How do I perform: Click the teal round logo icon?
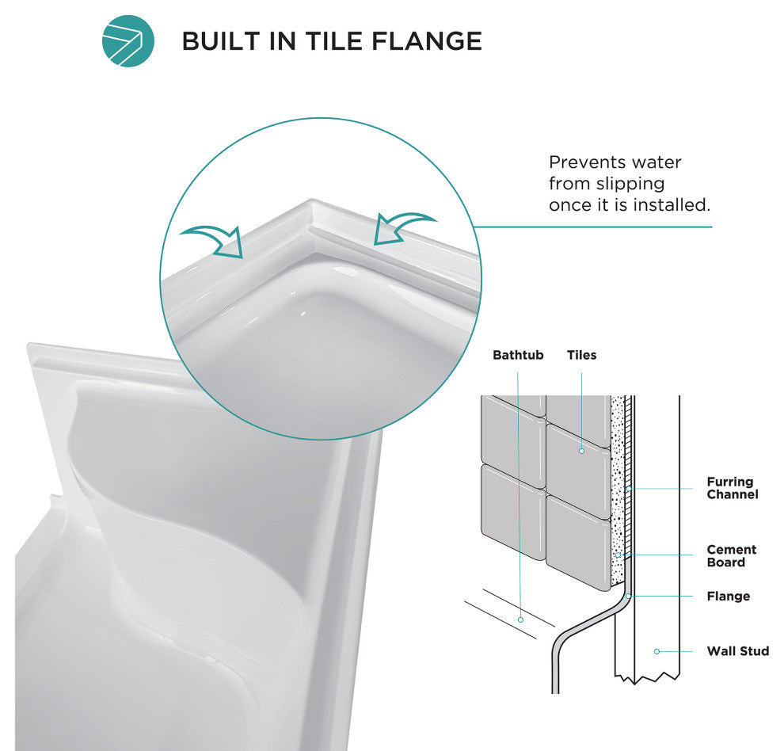pos(128,41)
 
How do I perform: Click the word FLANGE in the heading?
pos(427,41)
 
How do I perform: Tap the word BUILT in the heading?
pos(221,41)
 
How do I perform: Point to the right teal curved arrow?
pos(403,227)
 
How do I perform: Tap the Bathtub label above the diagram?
pos(517,355)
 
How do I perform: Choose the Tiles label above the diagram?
pos(581,355)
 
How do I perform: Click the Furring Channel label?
pos(733,488)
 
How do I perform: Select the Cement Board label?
pos(732,556)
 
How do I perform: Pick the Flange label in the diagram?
pos(729,597)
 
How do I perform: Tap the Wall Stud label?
pos(738,651)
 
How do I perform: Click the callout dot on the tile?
pos(581,451)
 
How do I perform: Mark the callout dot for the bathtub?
pos(520,619)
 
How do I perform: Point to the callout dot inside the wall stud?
pos(657,651)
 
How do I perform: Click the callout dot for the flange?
pos(628,597)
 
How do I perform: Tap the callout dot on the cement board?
pos(618,555)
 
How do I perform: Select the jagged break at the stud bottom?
pos(647,678)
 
